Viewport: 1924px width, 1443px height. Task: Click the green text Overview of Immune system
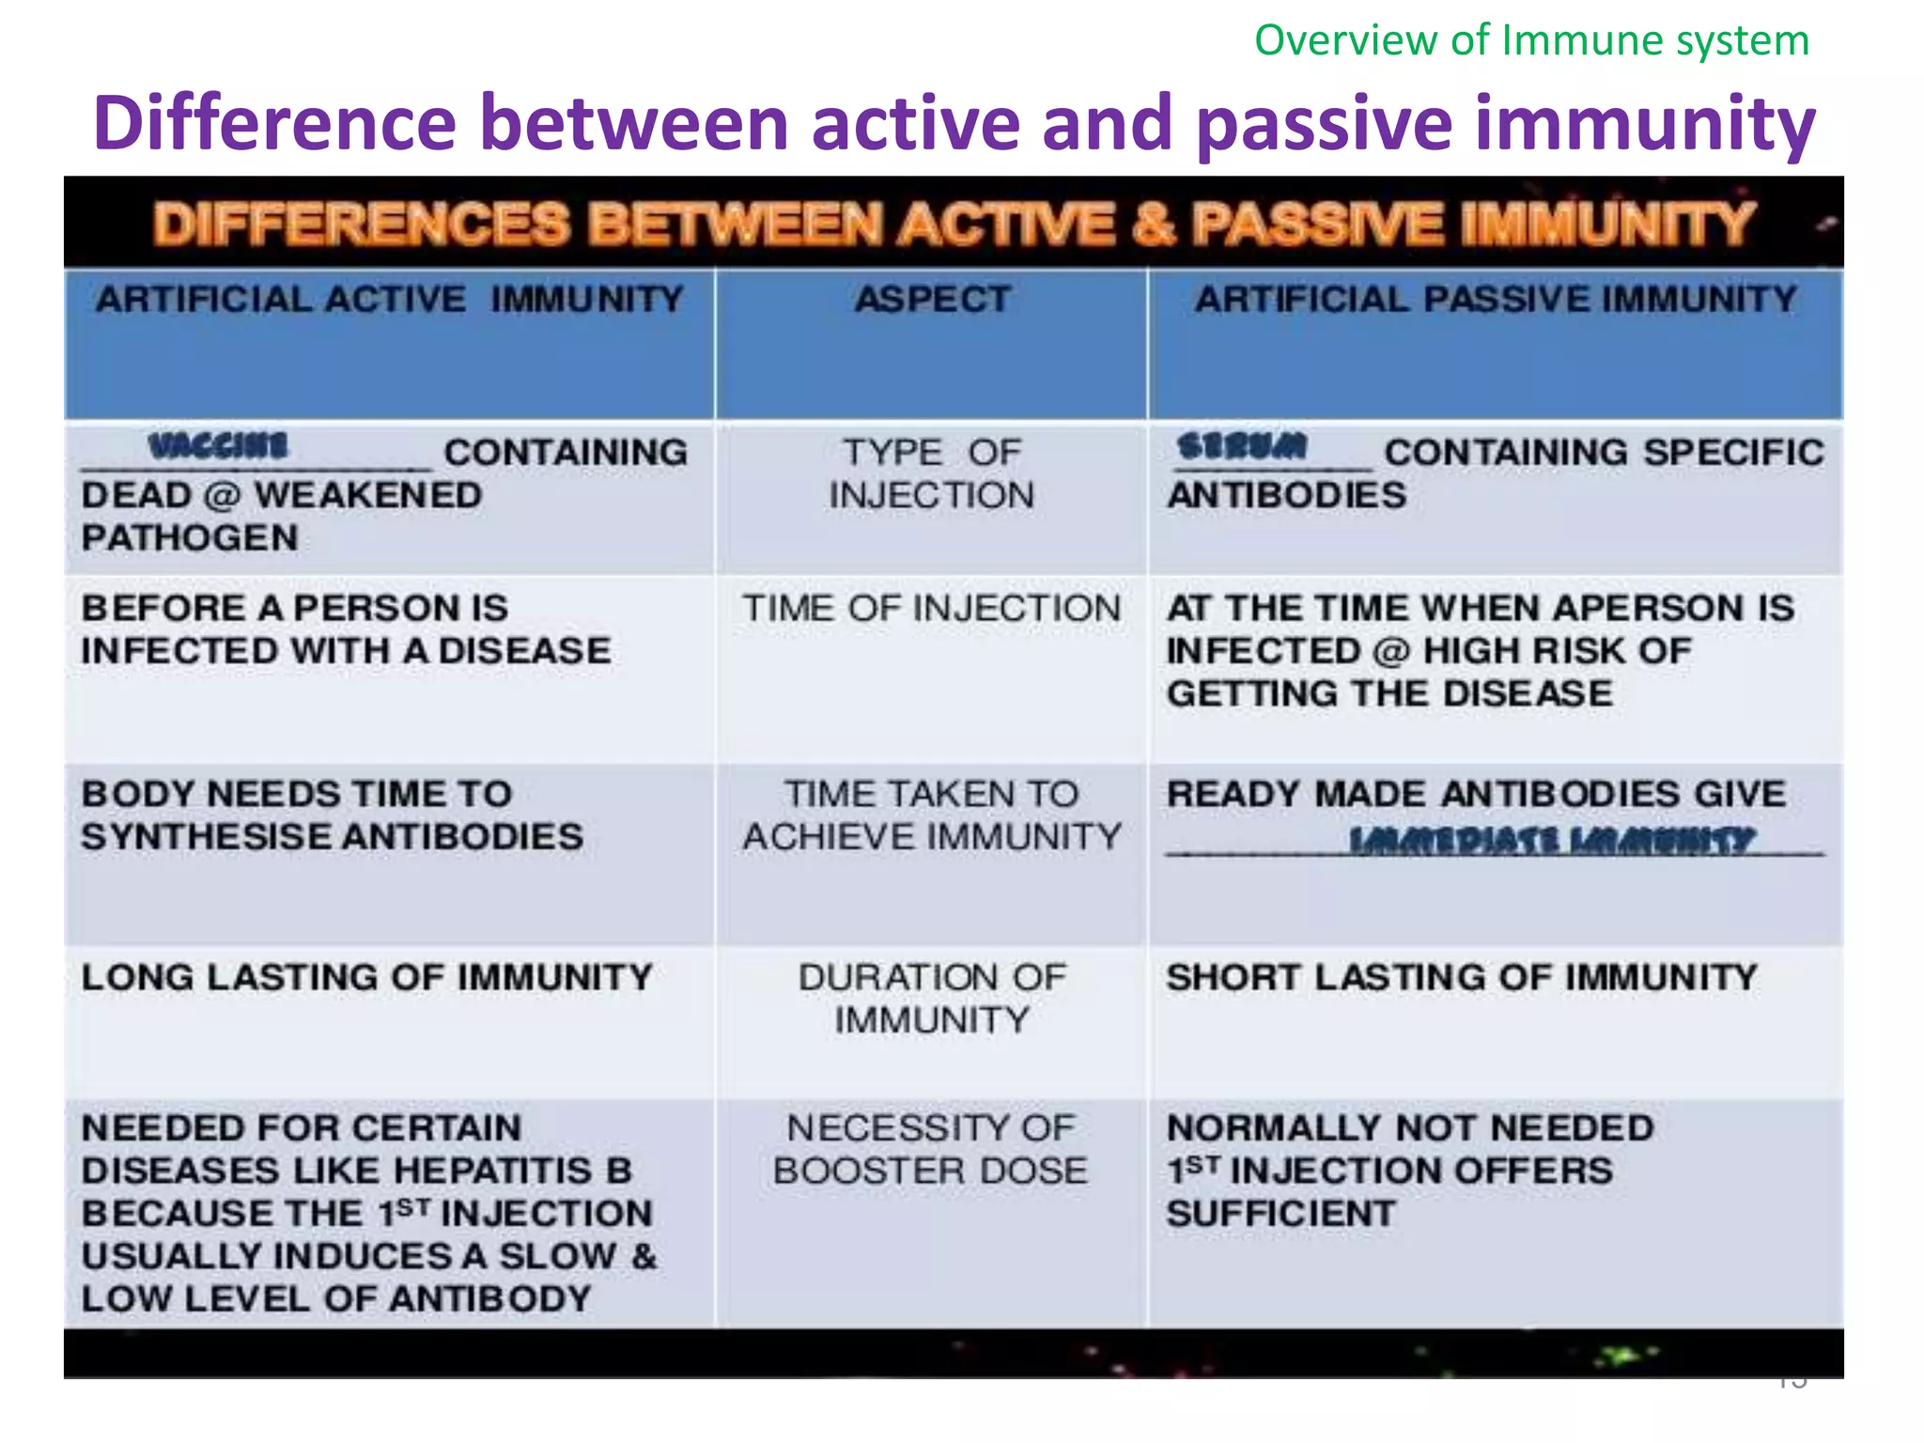point(1531,40)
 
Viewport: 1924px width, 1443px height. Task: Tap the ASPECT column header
point(932,300)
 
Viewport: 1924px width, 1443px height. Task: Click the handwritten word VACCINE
point(218,445)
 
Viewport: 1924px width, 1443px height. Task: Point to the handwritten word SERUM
point(1242,445)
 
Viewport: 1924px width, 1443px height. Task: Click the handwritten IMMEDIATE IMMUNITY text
point(1550,839)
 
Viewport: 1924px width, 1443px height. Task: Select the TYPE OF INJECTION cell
point(931,473)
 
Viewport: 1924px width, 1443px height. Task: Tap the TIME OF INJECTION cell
point(931,609)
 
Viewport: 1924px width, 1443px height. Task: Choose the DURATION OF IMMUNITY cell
point(931,998)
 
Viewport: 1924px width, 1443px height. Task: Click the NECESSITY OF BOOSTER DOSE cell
point(931,1149)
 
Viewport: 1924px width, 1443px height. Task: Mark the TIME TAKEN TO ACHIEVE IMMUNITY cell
point(931,815)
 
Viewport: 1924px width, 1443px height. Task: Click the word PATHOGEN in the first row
point(190,538)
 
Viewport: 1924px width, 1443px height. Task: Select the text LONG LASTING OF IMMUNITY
point(366,977)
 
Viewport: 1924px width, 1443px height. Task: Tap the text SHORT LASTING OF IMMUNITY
point(1461,977)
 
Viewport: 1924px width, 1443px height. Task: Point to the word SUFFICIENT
point(1280,1214)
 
